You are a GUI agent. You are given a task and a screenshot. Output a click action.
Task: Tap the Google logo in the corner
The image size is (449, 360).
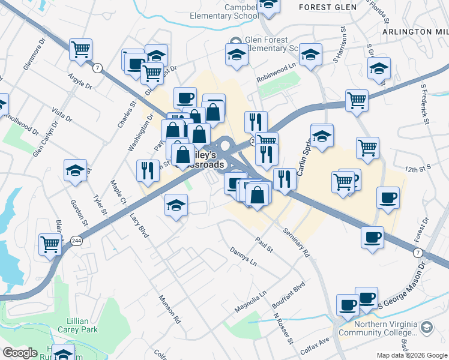[x=20, y=353]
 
